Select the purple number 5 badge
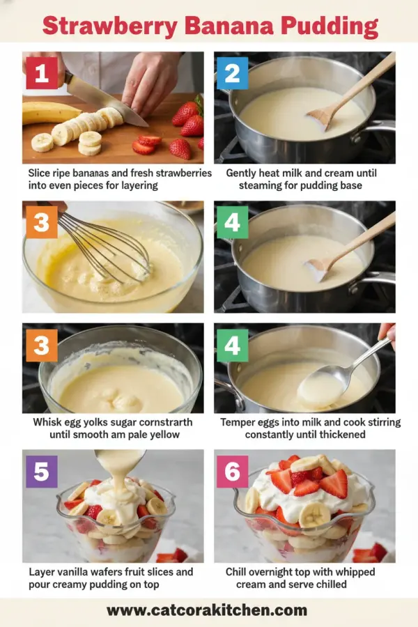[41, 472]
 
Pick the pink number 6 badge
[232, 472]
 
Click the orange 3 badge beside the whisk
[41, 224]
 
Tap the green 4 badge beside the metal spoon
[232, 346]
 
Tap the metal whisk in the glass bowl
[104, 244]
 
